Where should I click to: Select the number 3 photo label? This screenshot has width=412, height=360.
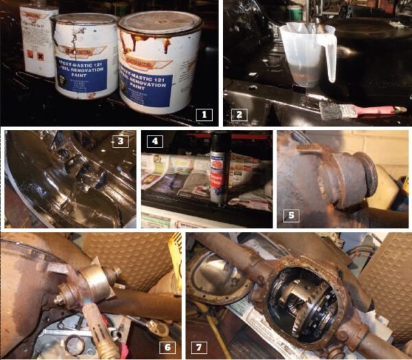(x=119, y=142)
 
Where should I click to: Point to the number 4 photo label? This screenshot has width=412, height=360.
(x=154, y=142)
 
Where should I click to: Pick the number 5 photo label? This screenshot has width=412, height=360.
(x=291, y=215)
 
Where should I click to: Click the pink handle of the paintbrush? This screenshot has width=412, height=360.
(x=374, y=110)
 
